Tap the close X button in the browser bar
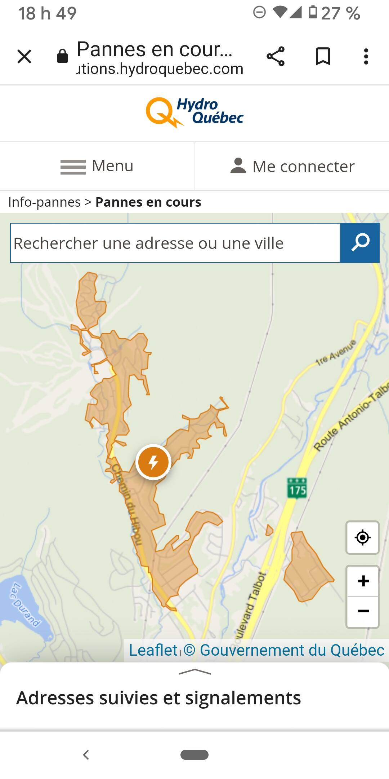[x=24, y=56]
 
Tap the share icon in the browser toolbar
[x=276, y=56]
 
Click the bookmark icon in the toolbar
[x=323, y=56]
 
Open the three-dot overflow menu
[x=366, y=56]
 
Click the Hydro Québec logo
[x=195, y=112]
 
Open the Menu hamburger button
[x=97, y=166]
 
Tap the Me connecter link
[x=292, y=166]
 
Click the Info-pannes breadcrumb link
[x=44, y=202]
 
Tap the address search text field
[x=175, y=243]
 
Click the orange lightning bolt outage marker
[x=153, y=462]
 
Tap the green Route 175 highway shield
[x=297, y=488]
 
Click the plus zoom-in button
[x=363, y=581]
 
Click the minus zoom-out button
[x=363, y=611]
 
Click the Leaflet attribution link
[x=153, y=650]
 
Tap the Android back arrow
[x=86, y=754]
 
